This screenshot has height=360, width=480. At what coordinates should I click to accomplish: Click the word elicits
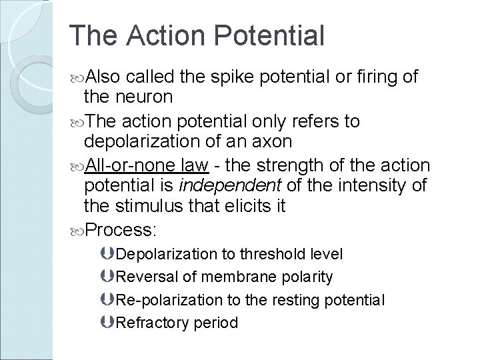(241, 206)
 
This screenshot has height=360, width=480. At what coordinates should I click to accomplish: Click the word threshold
(273, 254)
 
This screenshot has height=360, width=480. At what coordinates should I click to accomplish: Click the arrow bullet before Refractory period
(109, 323)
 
